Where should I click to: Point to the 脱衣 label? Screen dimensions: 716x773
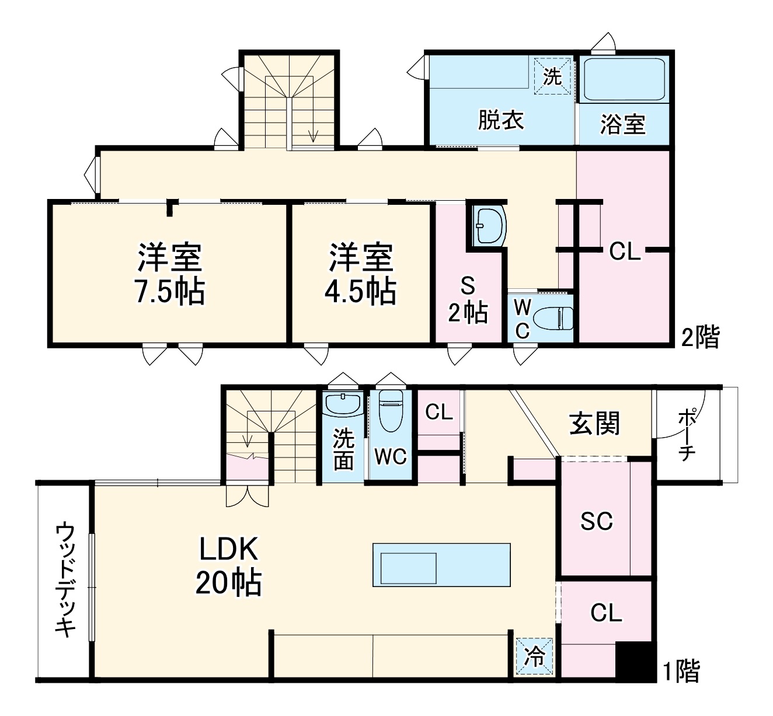click(501, 120)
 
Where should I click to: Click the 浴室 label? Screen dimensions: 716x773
click(622, 124)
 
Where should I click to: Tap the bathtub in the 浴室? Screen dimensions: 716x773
click(625, 79)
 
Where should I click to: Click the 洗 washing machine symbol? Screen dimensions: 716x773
click(552, 76)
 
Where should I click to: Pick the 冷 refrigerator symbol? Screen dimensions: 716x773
click(534, 656)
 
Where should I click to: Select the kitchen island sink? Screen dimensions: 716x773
click(409, 567)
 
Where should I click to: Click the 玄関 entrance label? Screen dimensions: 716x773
click(594, 423)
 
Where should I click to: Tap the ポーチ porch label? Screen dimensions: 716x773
click(687, 435)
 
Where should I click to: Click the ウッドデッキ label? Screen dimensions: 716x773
click(65, 581)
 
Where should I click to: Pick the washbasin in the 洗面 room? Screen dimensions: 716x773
click(343, 404)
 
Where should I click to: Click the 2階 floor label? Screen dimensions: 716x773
click(701, 337)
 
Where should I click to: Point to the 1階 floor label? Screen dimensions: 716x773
click(680, 671)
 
